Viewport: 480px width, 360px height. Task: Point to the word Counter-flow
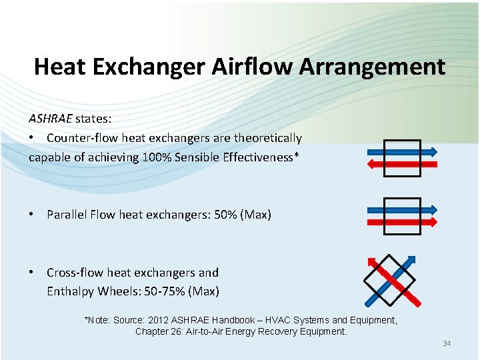[79, 138]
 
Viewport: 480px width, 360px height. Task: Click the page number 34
[447, 343]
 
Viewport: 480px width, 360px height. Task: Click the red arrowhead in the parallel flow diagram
[433, 221]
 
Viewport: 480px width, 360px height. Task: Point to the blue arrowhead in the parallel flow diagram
[433, 209]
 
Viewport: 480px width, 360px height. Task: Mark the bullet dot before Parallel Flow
[31, 215]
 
